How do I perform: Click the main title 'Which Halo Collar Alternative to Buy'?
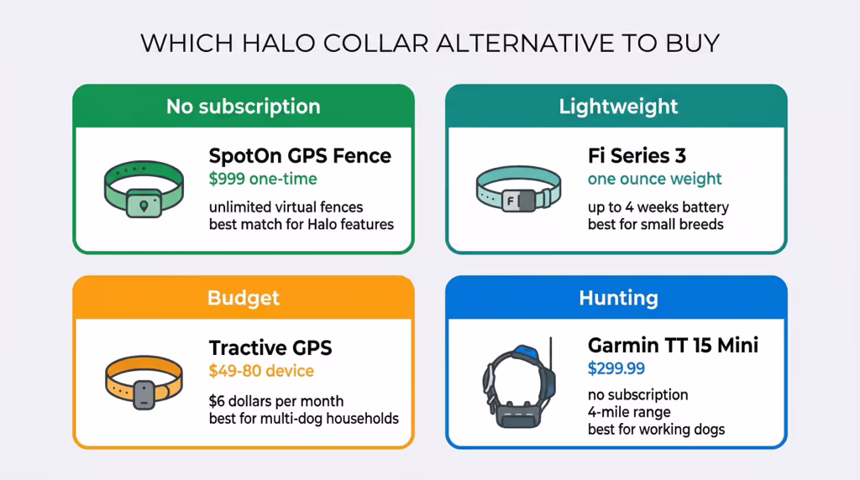429,44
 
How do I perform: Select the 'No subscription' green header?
243,107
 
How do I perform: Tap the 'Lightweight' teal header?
618,107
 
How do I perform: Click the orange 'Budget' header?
243,298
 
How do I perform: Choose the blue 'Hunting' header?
618,298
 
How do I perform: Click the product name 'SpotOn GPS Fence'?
300,156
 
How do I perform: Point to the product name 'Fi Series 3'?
637,156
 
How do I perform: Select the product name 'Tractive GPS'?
270,347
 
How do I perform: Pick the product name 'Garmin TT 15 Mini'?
673,346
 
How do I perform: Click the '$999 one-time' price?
263,179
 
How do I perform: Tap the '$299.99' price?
616,368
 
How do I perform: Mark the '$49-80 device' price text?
261,370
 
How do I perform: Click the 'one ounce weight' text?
654,179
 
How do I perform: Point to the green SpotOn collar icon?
143,189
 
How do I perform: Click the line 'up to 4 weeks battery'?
658,206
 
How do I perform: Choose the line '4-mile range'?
629,412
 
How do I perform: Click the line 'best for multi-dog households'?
303,418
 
